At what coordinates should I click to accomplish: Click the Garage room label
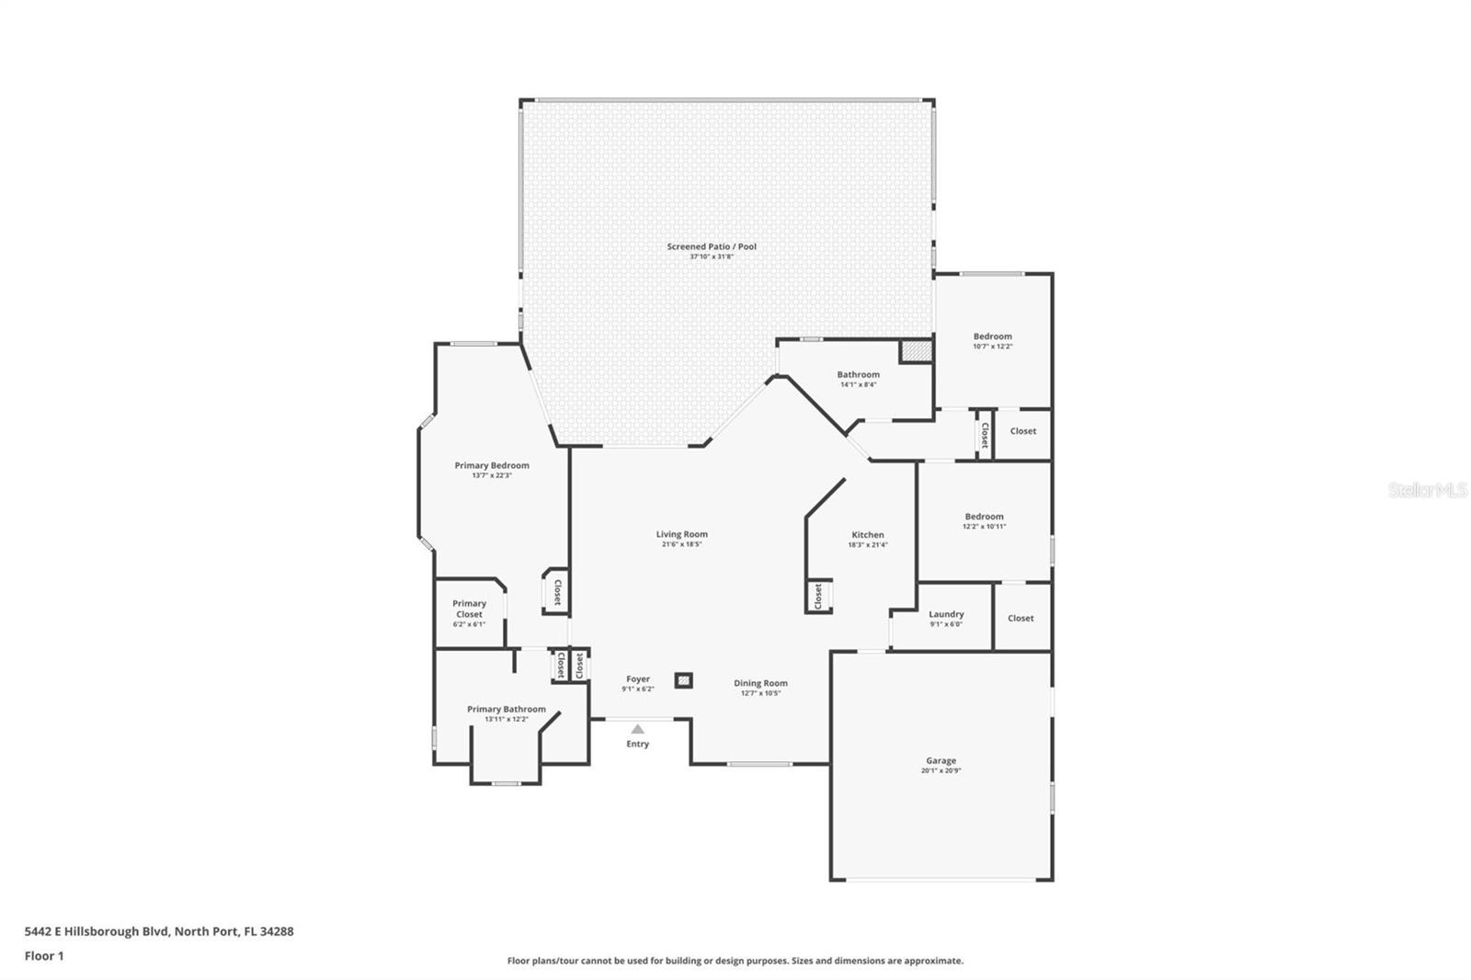pos(941,760)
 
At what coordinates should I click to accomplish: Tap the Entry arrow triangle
pos(637,729)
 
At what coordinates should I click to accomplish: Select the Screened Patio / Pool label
pos(712,246)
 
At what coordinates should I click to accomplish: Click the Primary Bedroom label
pos(492,465)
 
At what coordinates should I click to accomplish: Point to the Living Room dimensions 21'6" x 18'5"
pos(682,544)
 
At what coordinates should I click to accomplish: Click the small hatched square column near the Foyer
pos(683,680)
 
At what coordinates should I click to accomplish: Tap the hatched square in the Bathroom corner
pos(915,351)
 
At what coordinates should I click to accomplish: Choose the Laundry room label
pos(946,614)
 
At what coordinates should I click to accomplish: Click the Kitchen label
pos(868,534)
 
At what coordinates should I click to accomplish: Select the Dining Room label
pos(760,683)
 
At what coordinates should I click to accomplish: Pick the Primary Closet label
pos(469,609)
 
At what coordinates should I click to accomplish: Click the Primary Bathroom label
pos(507,709)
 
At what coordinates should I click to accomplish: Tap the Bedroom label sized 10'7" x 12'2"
pos(993,336)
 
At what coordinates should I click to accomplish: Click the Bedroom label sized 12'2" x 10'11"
pos(984,517)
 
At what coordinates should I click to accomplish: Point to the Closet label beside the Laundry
pos(1021,618)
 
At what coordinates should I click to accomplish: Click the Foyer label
pos(638,679)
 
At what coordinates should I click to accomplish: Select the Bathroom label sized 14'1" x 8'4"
pos(858,374)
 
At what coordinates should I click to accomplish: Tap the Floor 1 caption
pos(44,956)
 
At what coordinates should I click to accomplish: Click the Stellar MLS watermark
pos(1427,491)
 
